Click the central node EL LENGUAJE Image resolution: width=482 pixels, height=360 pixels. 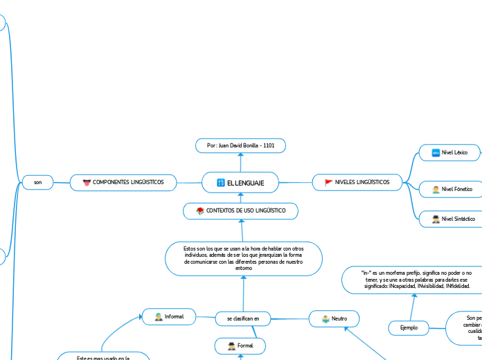pyautogui.click(x=240, y=182)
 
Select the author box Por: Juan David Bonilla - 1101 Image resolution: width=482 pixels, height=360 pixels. pyautogui.click(x=241, y=145)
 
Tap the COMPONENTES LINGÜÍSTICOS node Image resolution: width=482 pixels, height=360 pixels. pyautogui.click(x=123, y=182)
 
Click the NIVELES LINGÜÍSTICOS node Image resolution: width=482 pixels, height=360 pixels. pyautogui.click(x=357, y=182)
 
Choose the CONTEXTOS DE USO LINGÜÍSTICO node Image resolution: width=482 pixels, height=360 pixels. pyautogui.click(x=241, y=210)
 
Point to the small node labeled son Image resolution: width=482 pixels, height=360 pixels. pyautogui.click(x=38, y=182)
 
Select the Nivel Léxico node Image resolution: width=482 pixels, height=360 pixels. pyautogui.click(x=449, y=152)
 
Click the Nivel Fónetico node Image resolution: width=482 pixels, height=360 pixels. pyautogui.click(x=449, y=188)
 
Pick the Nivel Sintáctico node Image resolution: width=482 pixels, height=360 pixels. pyautogui.click(x=449, y=219)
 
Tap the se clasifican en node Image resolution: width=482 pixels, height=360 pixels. pyautogui.click(x=242, y=318)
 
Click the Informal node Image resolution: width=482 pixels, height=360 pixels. pyautogui.click(x=169, y=316)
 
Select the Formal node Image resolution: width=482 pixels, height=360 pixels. pyautogui.click(x=240, y=345)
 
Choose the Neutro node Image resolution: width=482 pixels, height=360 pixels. pyautogui.click(x=334, y=318)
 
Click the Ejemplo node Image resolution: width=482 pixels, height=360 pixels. pyautogui.click(x=409, y=327)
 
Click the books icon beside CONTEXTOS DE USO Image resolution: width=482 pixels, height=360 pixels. pyautogui.click(x=200, y=210)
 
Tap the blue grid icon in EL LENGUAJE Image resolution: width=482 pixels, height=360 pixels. pyautogui.click(x=221, y=182)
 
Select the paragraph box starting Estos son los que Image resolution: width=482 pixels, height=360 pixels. pyautogui.click(x=243, y=258)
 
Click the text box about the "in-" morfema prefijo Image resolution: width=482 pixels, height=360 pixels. pyautogui.click(x=417, y=279)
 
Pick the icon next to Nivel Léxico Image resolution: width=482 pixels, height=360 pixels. pyautogui.click(x=436, y=152)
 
